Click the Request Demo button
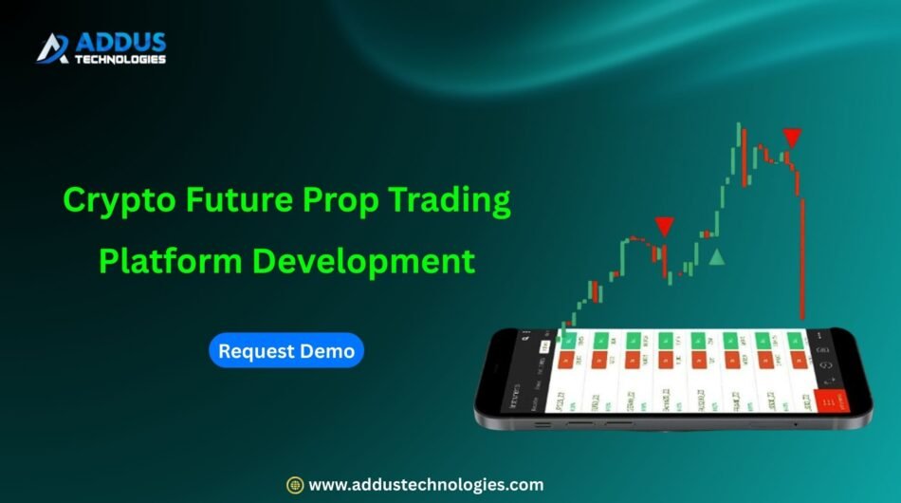click(x=286, y=351)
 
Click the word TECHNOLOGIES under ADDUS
click(x=122, y=59)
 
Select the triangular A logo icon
click(x=52, y=47)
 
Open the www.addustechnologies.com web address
click(x=426, y=484)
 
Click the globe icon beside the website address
click(x=295, y=484)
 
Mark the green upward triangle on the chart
click(x=718, y=256)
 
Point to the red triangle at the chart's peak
click(x=792, y=137)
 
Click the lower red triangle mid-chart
click(x=664, y=226)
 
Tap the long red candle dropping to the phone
click(x=802, y=256)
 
